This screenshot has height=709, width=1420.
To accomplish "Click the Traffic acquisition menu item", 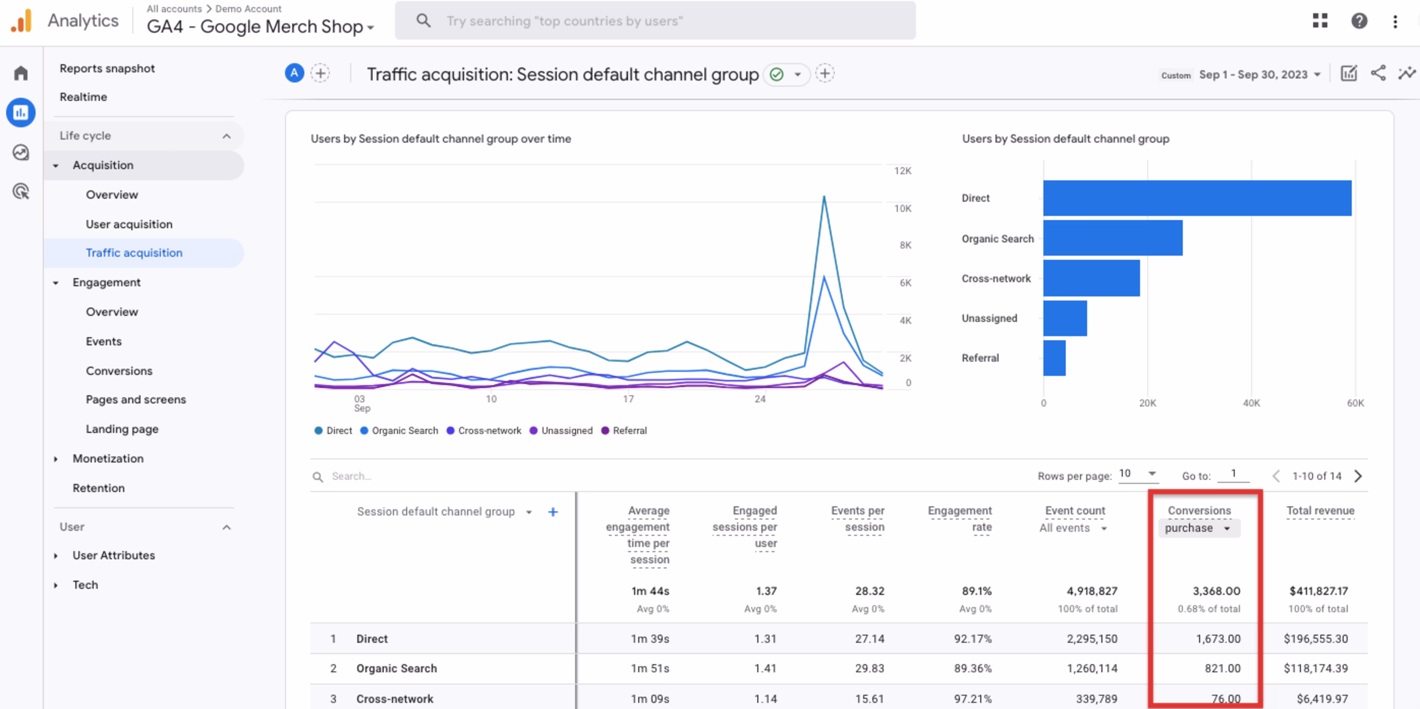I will point(134,253).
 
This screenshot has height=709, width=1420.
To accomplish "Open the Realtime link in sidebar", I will point(83,97).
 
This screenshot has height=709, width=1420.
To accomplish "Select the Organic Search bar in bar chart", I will point(1112,238).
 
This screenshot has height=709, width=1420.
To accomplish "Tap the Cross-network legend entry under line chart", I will point(489,430).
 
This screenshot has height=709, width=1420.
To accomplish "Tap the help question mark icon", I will point(1359,21).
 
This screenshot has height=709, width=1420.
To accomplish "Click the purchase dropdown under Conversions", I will point(1198,528).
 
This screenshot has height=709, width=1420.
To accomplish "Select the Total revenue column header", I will point(1320,511).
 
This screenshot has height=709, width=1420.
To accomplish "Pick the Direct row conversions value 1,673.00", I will point(1218,639).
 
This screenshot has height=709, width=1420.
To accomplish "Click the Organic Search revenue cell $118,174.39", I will point(1315,668).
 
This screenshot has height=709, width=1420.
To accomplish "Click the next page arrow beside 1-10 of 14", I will point(1358,476).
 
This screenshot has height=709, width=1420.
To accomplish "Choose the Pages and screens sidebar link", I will point(136,400).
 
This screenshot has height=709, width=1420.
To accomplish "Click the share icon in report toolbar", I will point(1377,73).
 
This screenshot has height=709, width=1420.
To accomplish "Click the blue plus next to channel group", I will point(552,512).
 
